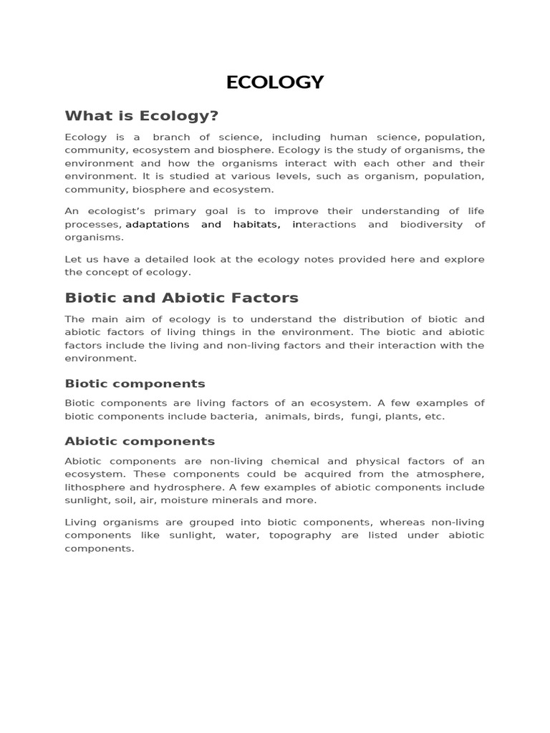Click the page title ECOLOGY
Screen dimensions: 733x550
pyautogui.click(x=275, y=82)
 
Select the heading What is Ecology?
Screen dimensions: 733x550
pyautogui.click(x=141, y=116)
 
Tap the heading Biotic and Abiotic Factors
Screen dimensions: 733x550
pyautogui.click(x=181, y=298)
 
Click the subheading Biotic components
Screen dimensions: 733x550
pyautogui.click(x=135, y=384)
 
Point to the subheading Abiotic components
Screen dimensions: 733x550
pyautogui.click(x=140, y=441)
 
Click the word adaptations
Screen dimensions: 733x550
pyautogui.click(x=158, y=225)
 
